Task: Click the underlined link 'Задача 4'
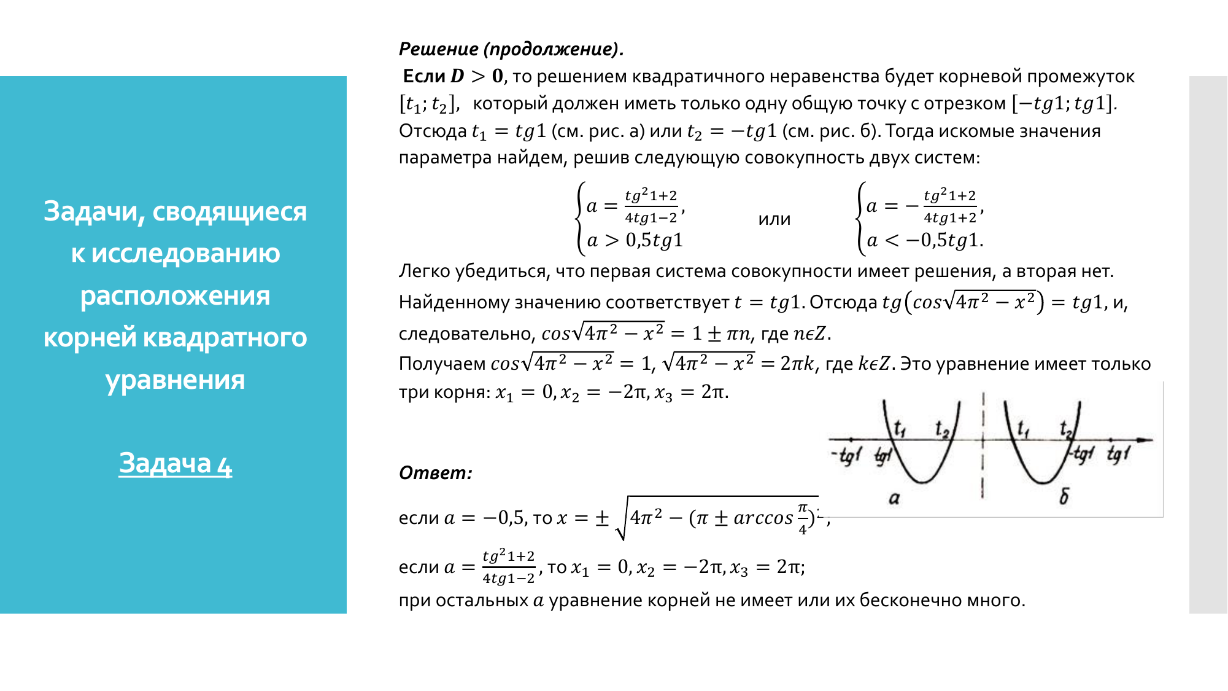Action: point(176,464)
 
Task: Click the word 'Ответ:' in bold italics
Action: point(436,473)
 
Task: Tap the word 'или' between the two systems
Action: point(774,219)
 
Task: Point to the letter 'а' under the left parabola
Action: point(894,498)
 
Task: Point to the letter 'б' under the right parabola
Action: point(1064,496)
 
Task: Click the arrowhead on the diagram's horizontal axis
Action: point(1145,440)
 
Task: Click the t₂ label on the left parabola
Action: point(942,429)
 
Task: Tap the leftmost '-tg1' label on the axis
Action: point(847,455)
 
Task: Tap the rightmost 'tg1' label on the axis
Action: point(1118,455)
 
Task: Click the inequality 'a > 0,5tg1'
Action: point(635,240)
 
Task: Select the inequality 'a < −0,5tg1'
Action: point(925,240)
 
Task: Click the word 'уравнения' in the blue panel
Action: point(176,380)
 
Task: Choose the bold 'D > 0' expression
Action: point(477,76)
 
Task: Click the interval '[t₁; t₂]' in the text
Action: point(428,104)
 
